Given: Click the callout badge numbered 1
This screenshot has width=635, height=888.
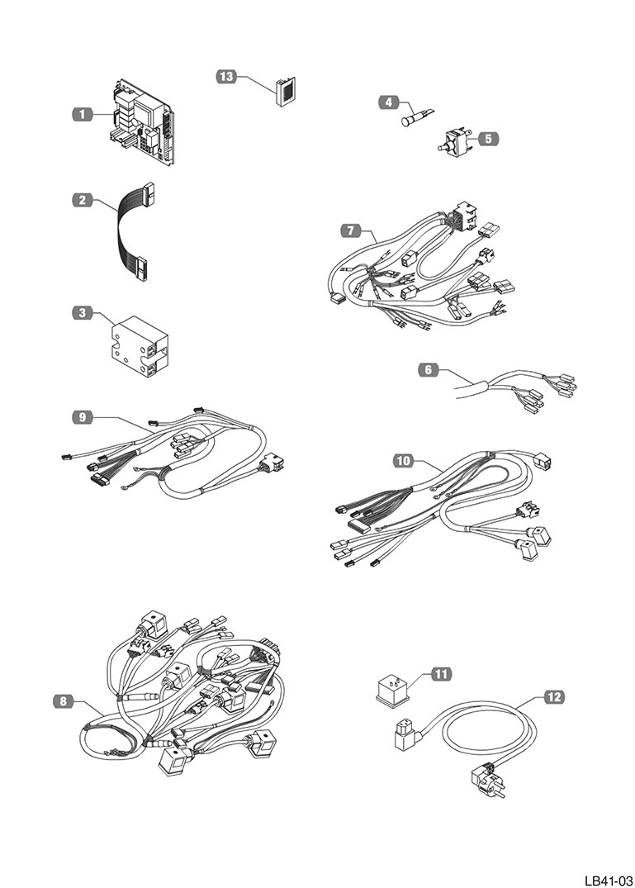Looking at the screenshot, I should [x=82, y=115].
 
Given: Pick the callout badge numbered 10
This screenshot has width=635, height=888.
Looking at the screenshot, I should [x=403, y=461].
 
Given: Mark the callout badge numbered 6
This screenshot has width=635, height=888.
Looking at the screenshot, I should [x=428, y=371].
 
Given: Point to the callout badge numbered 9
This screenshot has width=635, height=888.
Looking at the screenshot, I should [x=82, y=418].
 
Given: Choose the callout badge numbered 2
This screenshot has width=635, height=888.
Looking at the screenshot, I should [x=82, y=200].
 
